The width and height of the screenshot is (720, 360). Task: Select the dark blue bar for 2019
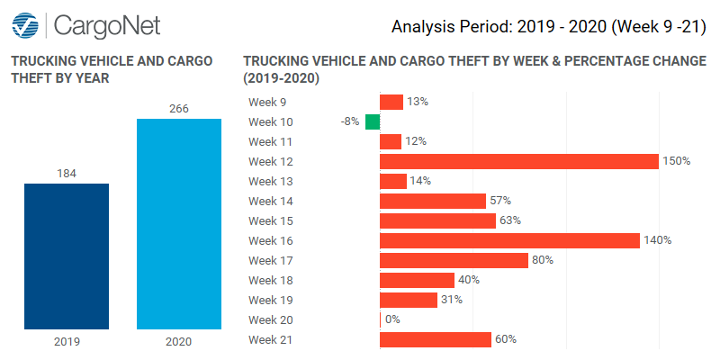pyautogui.click(x=66, y=256)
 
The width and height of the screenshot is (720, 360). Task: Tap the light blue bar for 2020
pyautogui.click(x=178, y=224)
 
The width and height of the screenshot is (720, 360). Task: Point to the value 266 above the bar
pyautogui.click(x=178, y=109)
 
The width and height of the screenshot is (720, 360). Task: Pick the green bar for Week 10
pyautogui.click(x=373, y=121)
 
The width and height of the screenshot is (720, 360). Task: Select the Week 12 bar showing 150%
pyautogui.click(x=519, y=161)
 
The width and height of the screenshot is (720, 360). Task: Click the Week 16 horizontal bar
pyautogui.click(x=509, y=240)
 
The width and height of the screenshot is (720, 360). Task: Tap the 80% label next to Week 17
pyautogui.click(x=542, y=260)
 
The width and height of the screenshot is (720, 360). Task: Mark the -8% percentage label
pyautogui.click(x=350, y=121)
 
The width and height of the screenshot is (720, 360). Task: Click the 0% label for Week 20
pyautogui.click(x=392, y=319)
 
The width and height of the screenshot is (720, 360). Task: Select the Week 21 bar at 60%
pyautogui.click(x=436, y=339)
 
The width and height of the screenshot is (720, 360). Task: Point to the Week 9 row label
pyautogui.click(x=265, y=102)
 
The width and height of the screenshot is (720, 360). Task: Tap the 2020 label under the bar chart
pyautogui.click(x=178, y=342)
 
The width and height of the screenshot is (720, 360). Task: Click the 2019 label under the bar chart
pyautogui.click(x=66, y=342)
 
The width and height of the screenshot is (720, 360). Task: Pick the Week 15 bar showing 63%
pyautogui.click(x=437, y=220)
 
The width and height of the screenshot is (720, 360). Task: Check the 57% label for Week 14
pyautogui.click(x=499, y=201)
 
